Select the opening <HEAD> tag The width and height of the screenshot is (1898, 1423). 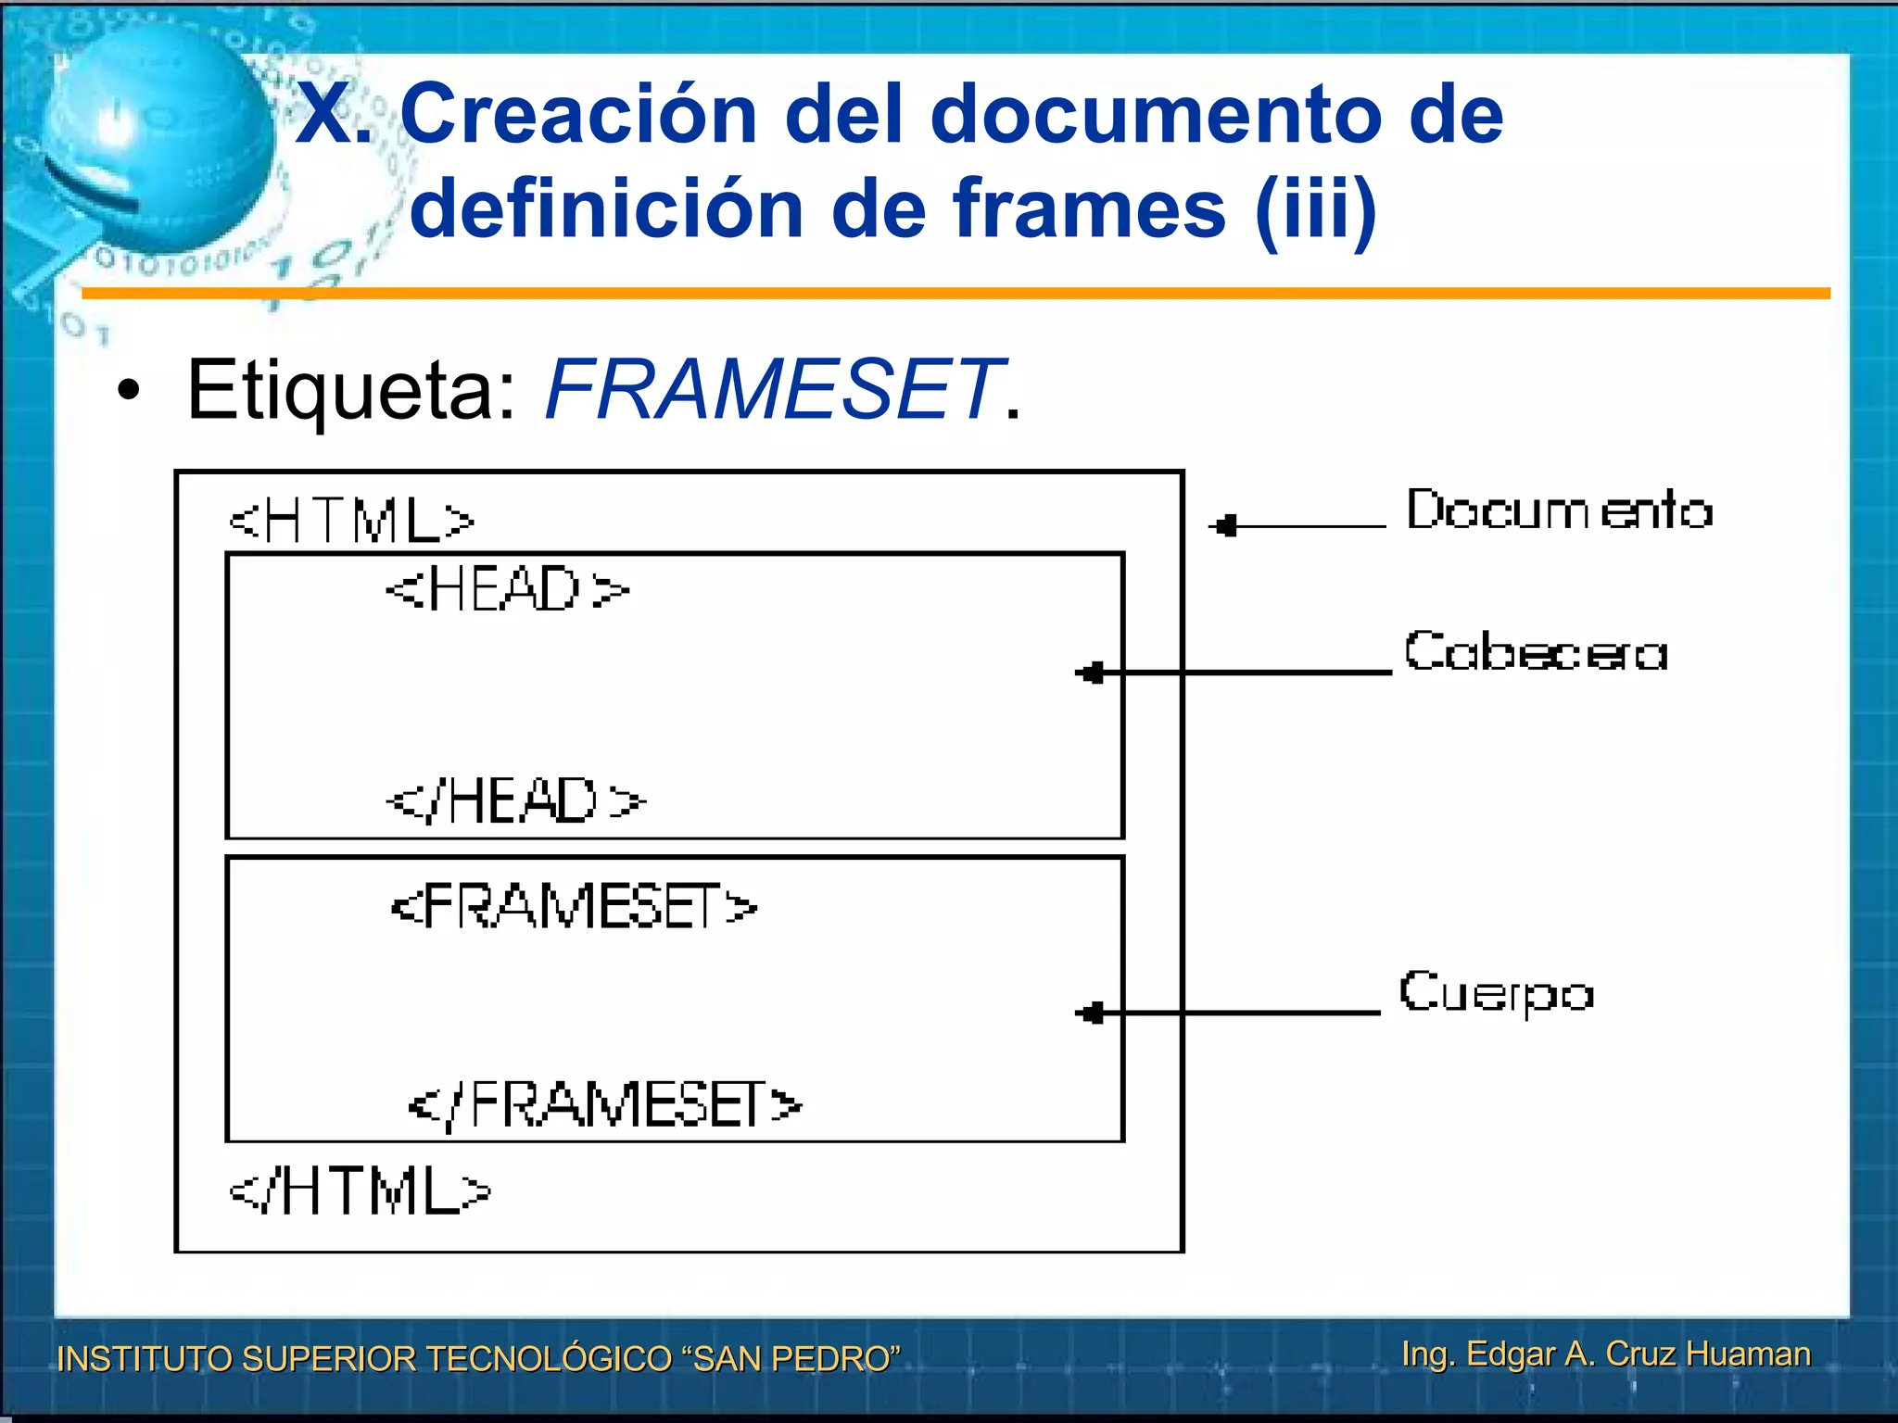(x=507, y=589)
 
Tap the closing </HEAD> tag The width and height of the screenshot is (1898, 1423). (x=515, y=801)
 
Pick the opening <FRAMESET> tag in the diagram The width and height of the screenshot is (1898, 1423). (x=574, y=906)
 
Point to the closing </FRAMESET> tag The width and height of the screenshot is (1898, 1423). (x=604, y=1105)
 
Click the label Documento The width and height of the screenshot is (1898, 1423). (x=1559, y=510)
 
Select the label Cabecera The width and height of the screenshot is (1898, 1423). (x=1536, y=651)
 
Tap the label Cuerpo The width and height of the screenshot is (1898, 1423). (x=1496, y=993)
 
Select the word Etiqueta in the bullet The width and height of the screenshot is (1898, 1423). (x=350, y=392)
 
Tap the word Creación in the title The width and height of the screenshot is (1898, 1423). (x=579, y=115)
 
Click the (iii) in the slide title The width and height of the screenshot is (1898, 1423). (x=1315, y=209)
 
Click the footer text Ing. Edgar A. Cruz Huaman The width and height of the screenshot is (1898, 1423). (x=1605, y=1354)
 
